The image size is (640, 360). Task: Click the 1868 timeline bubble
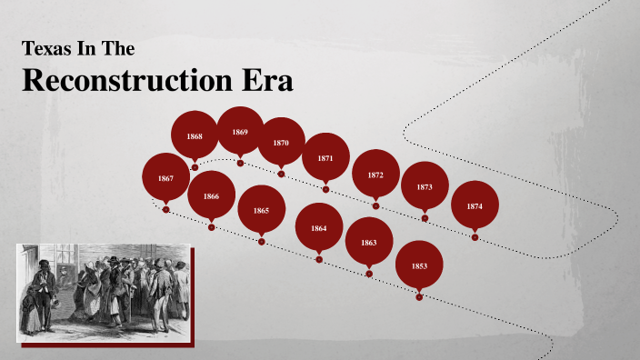click(x=195, y=135)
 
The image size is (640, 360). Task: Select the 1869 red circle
click(x=240, y=131)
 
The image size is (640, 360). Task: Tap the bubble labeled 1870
click(x=281, y=142)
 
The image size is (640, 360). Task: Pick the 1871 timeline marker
click(x=325, y=157)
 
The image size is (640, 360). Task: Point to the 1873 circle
click(x=425, y=185)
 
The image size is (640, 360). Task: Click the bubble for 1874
click(x=475, y=205)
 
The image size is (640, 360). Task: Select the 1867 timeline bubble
click(x=165, y=178)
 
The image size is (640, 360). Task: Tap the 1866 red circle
click(x=211, y=195)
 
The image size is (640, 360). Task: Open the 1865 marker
click(x=261, y=210)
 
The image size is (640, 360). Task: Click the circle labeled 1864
click(x=318, y=227)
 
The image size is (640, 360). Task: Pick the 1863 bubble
click(x=368, y=242)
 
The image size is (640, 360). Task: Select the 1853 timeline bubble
click(x=418, y=265)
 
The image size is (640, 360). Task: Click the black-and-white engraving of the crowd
click(x=103, y=292)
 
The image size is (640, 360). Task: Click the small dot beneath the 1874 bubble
click(x=475, y=237)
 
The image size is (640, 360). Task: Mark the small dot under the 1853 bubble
click(x=419, y=297)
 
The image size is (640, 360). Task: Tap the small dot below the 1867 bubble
click(x=165, y=210)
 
